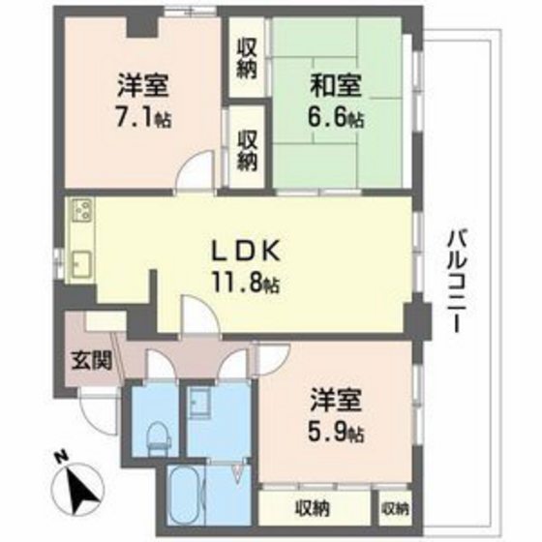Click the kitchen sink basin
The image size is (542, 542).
[80, 262]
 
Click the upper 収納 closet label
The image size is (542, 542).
[247, 57]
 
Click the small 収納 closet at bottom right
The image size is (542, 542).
[395, 507]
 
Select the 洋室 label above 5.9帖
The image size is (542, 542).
[336, 397]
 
